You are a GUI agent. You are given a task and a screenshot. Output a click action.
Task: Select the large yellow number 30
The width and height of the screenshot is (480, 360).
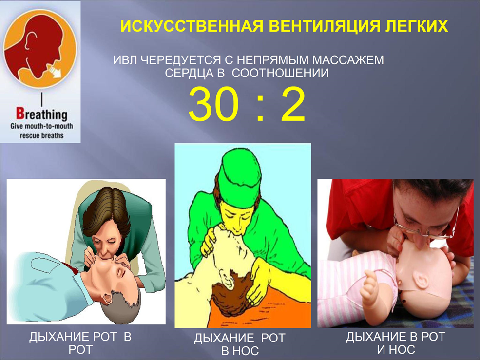(x=213, y=104)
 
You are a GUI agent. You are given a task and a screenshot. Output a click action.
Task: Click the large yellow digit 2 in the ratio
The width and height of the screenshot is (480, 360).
(x=293, y=104)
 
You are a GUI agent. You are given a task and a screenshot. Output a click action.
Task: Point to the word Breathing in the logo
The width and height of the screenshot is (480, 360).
(x=41, y=114)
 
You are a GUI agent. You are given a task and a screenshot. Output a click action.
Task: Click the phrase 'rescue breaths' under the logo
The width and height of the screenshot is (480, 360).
(x=41, y=135)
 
